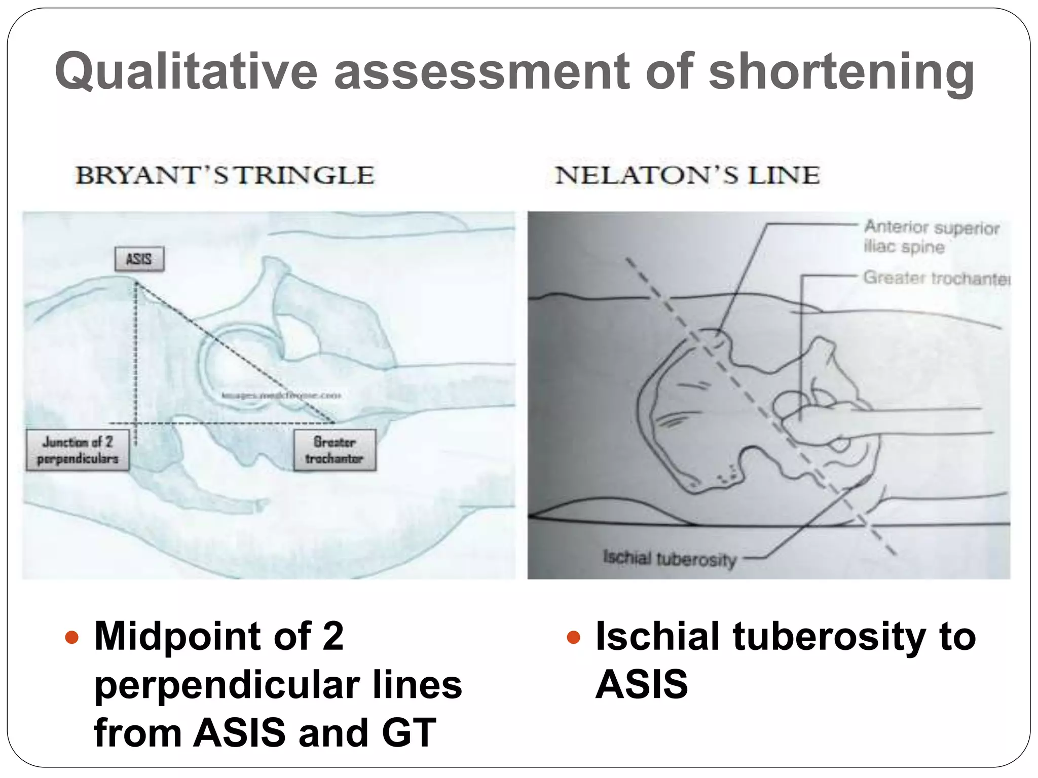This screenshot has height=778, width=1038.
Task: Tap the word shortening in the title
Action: click(841, 71)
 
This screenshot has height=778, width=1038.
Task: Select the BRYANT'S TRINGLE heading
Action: click(225, 175)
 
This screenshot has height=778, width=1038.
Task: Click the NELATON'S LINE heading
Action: click(687, 175)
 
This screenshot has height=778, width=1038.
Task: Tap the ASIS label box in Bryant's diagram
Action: click(139, 259)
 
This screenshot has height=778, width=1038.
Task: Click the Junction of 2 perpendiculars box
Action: click(78, 450)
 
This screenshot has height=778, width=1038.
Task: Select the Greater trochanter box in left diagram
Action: click(335, 450)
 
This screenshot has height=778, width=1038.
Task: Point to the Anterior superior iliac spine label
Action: click(931, 237)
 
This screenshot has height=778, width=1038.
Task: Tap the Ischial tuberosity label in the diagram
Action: click(669, 559)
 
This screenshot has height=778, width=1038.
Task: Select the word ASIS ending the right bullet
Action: click(642, 685)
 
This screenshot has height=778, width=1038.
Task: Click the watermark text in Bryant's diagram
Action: click(281, 395)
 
